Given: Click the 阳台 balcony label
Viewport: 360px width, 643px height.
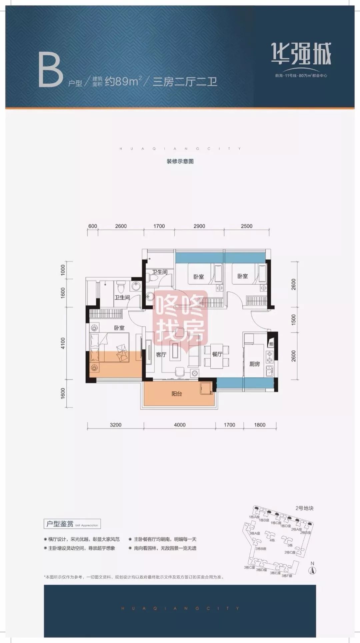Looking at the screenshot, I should click(177, 394).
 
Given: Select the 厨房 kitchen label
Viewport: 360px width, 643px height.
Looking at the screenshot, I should click(254, 364).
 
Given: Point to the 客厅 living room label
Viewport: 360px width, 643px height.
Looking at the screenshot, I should click(161, 355).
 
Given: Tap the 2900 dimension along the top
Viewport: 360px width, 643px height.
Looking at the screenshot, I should click(199, 226).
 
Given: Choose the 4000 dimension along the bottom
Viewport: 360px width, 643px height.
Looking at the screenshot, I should click(180, 425).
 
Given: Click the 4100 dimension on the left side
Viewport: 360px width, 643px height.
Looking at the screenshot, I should click(63, 343).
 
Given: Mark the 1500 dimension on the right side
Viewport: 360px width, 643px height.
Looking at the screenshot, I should click(293, 320).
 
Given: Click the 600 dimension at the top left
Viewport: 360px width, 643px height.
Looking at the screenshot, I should click(93, 226).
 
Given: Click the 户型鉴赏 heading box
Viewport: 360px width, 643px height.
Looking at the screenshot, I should click(72, 524).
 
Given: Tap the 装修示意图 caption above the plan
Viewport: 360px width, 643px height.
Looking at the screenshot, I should click(180, 162).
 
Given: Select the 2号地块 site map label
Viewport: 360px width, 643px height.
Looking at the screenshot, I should click(304, 508).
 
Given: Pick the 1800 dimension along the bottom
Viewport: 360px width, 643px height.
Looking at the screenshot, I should click(260, 425).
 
